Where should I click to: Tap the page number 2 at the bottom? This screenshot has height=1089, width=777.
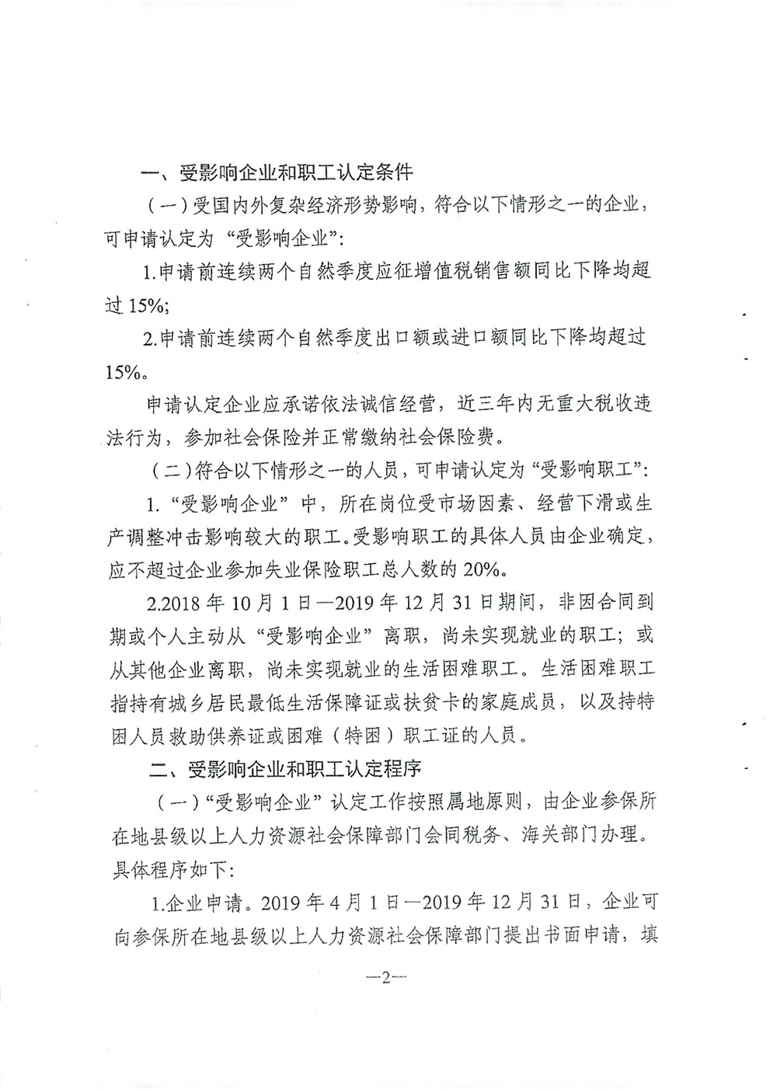[x=385, y=978]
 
